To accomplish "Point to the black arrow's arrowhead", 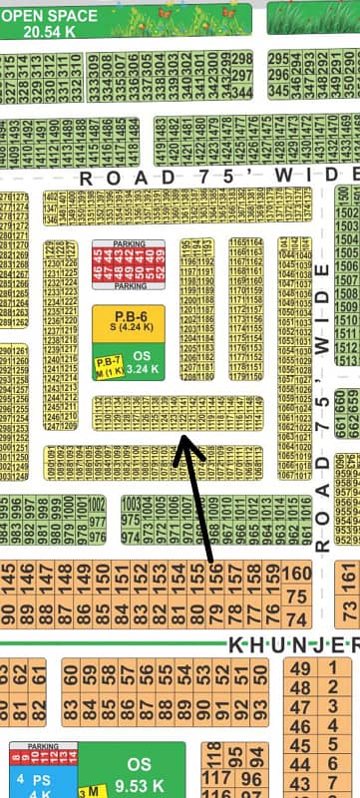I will click(180, 439).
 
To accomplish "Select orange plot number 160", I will click(296, 574).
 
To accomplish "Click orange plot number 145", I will click(9, 576).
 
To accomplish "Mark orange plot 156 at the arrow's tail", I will click(213, 576).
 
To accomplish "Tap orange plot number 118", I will click(212, 750).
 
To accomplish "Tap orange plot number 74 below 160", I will click(296, 595).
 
